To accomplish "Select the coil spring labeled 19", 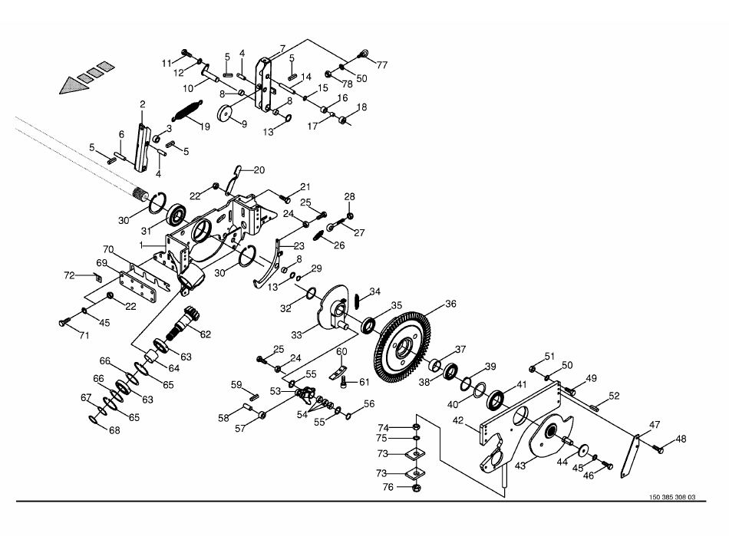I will tap(188, 110).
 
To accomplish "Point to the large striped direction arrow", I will tap(85, 77).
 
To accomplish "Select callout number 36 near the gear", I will tap(450, 304).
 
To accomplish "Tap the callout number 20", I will tap(258, 169).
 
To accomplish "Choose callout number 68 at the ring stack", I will tap(114, 431).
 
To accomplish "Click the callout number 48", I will tap(681, 439).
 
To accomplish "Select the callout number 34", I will tap(374, 291).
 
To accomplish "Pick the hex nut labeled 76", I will tap(415, 486).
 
